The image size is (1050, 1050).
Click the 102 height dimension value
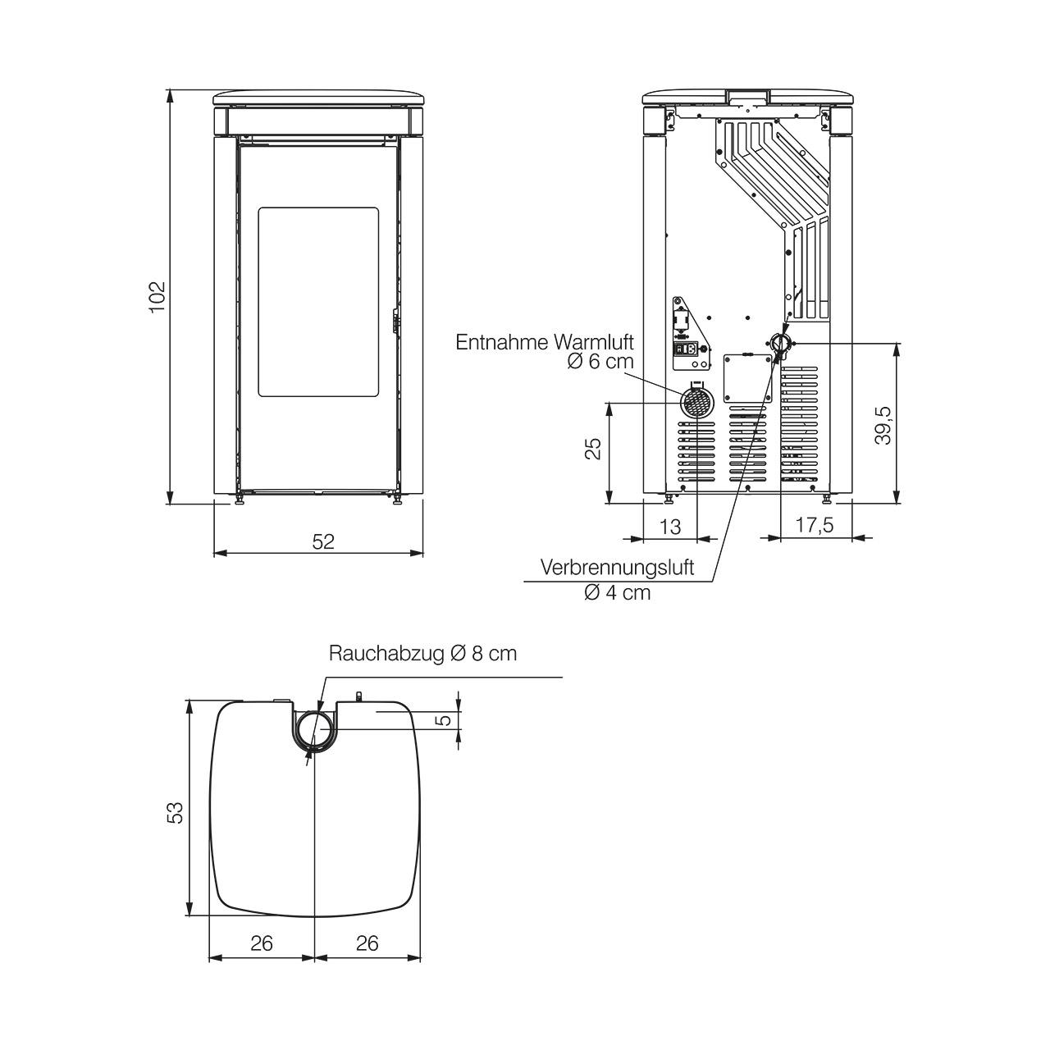tap(157, 296)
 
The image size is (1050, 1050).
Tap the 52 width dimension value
tap(323, 541)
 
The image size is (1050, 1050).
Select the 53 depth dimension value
tap(176, 812)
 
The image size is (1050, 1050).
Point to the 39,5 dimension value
tap(883, 426)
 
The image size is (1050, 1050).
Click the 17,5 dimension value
tap(815, 525)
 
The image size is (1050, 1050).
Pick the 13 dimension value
tap(670, 527)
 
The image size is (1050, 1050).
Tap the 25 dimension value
tap(593, 449)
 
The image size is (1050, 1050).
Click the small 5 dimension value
tap(445, 719)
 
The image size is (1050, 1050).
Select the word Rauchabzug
tap(387, 653)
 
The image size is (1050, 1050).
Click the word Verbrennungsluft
tap(618, 567)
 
